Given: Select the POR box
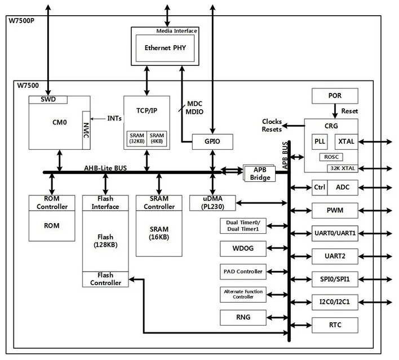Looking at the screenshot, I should [334, 96].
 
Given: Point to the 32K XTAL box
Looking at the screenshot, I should [343, 167].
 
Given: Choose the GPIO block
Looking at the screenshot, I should [212, 141].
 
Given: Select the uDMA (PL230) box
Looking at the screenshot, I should [212, 203].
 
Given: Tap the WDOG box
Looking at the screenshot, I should [243, 248].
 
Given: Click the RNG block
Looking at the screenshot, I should [243, 317].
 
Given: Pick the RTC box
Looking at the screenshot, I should [334, 325].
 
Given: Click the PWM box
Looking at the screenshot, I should [334, 210].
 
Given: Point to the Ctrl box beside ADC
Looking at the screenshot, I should [320, 187].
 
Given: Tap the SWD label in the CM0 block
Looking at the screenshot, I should [48, 100].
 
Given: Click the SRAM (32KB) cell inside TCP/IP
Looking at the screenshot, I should [136, 139].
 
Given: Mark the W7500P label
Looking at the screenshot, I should [21, 21].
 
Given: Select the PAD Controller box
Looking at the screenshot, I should [243, 272].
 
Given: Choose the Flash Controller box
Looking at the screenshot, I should [105, 279].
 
